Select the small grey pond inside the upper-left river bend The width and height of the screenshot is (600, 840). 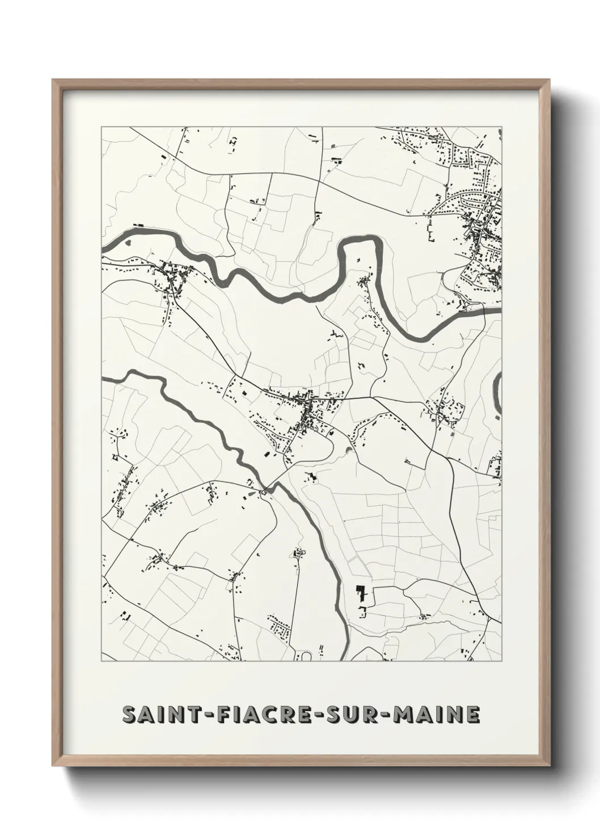[x=127, y=243]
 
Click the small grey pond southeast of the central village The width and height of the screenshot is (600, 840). [x=347, y=451]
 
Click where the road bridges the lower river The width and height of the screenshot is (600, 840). [x=265, y=489]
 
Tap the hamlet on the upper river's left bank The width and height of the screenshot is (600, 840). [x=170, y=278]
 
